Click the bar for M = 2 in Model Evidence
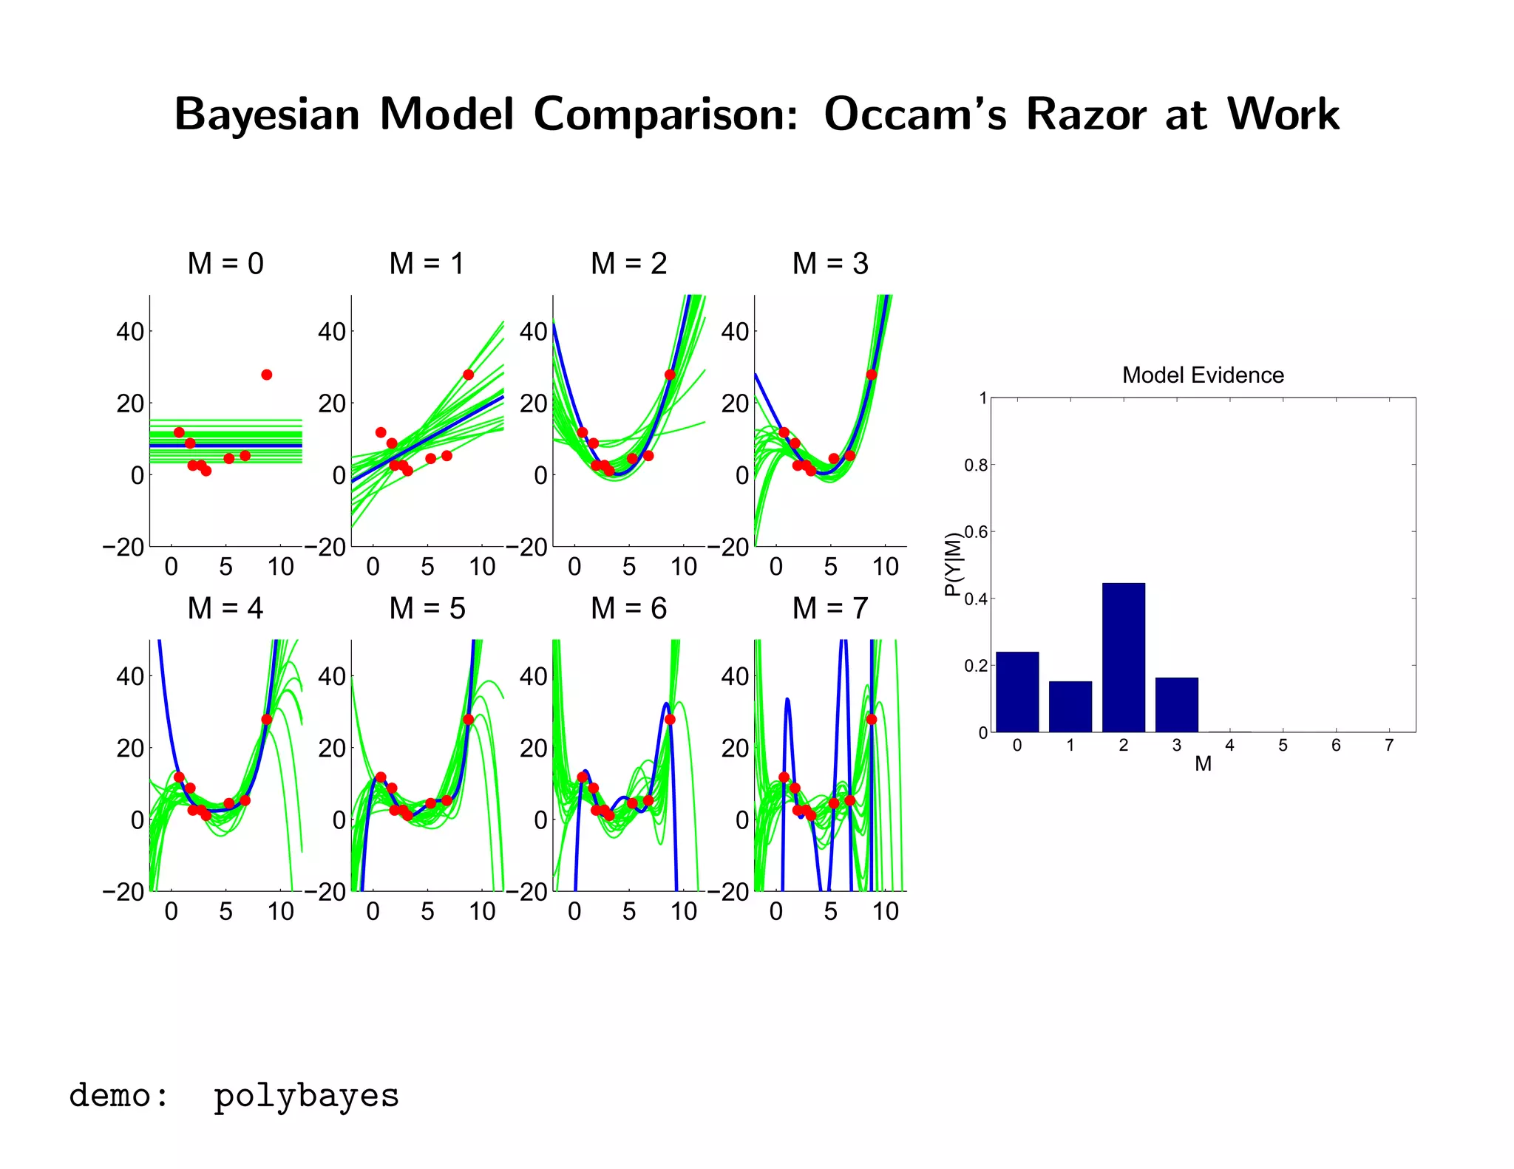[1123, 657]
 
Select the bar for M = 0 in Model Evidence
[1017, 692]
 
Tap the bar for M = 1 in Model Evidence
[1070, 706]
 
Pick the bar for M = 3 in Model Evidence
[1176, 704]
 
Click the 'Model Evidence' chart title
[1203, 375]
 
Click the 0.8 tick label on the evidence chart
[976, 465]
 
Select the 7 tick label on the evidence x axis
[1389, 745]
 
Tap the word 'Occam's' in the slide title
[915, 115]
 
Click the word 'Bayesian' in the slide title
[267, 116]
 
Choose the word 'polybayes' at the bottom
[306, 1096]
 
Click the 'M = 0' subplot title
[225, 264]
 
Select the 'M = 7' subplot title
[830, 608]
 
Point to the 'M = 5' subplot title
[427, 608]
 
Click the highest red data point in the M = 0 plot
[267, 375]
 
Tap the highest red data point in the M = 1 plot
[468, 375]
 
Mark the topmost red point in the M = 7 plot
[872, 719]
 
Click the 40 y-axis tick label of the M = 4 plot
[130, 676]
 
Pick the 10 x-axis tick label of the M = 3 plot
[885, 567]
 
